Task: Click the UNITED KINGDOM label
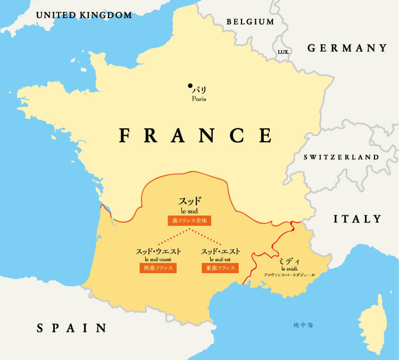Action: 84,15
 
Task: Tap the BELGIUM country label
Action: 250,22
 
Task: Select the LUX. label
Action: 284,52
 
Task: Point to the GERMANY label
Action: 347,48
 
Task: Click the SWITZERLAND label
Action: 341,157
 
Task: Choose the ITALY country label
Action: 358,219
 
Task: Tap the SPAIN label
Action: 71,328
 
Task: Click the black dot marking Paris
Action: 190,85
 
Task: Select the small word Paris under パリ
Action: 199,99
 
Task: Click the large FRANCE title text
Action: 196,135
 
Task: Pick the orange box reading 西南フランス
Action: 159,268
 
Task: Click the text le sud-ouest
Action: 159,259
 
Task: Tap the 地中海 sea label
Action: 303,325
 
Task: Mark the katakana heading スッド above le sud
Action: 190,201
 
